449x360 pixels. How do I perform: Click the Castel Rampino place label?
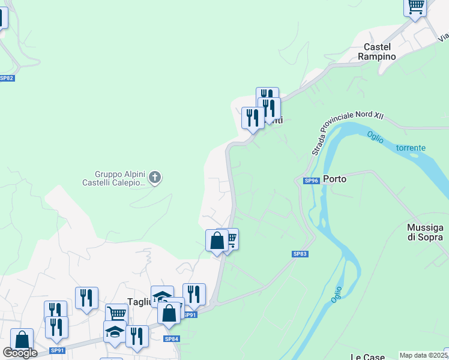point(377,51)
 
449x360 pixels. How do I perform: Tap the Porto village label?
point(335,178)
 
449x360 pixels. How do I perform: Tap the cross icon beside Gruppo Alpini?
point(155,178)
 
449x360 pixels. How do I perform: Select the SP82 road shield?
point(7,79)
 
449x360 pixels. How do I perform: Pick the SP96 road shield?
point(311,181)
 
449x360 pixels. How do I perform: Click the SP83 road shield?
point(300,254)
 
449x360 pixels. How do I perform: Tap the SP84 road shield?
point(172,339)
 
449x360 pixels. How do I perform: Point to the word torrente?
point(411,148)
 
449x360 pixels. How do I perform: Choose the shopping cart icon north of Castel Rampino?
point(415,7)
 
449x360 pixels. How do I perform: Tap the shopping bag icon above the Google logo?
point(22,340)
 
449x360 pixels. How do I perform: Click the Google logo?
point(20,353)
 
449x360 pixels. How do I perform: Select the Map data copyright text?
point(424,355)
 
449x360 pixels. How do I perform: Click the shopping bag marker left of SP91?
point(170,313)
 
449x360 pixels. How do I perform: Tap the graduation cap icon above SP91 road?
point(115,331)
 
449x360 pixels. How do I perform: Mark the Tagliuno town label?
point(138,302)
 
